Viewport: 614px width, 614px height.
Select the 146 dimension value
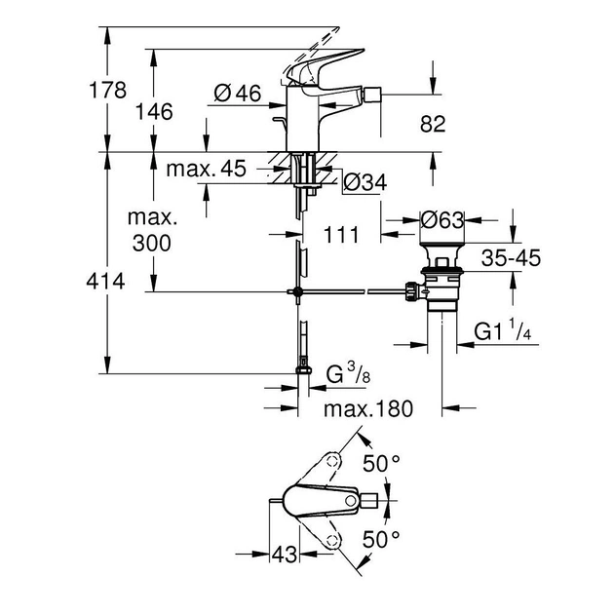[x=154, y=112]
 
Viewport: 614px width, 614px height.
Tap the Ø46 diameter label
[x=236, y=94]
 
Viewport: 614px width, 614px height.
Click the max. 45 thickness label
[x=205, y=170]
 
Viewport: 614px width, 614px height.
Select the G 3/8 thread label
[x=345, y=373]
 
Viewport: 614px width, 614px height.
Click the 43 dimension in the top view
[x=284, y=555]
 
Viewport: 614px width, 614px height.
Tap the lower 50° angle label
[x=381, y=538]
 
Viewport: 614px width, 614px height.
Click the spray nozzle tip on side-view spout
[x=373, y=95]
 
